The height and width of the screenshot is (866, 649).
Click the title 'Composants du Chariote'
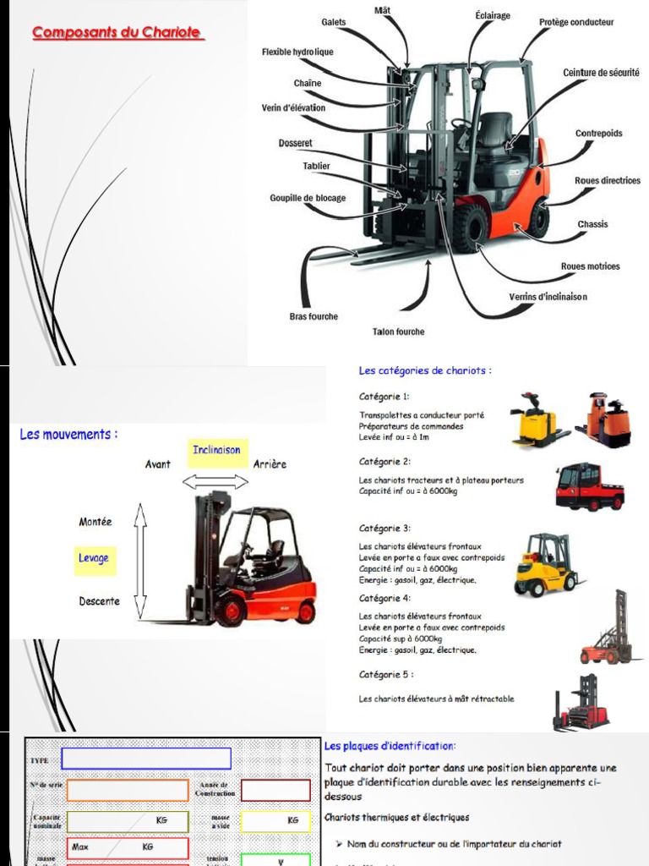(117, 33)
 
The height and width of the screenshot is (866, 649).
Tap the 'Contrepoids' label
(598, 134)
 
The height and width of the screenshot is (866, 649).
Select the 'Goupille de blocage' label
(308, 198)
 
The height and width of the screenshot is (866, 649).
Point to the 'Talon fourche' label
(398, 332)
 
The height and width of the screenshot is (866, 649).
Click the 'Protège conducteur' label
(576, 22)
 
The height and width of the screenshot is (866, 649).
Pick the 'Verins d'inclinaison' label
(548, 297)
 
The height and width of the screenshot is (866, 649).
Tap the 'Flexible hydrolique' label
(297, 52)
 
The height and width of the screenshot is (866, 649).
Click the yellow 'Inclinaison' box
(216, 450)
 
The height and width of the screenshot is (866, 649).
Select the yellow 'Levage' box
(94, 559)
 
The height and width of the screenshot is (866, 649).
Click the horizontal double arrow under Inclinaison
(216, 482)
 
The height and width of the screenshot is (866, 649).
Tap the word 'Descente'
(100, 602)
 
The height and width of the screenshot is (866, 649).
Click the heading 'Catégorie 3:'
(384, 529)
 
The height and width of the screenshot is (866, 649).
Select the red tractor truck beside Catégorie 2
(589, 487)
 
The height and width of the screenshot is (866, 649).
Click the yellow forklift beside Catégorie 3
(545, 564)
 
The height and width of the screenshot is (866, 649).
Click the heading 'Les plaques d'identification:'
(390, 746)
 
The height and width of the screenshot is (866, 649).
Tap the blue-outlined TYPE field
(146, 759)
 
